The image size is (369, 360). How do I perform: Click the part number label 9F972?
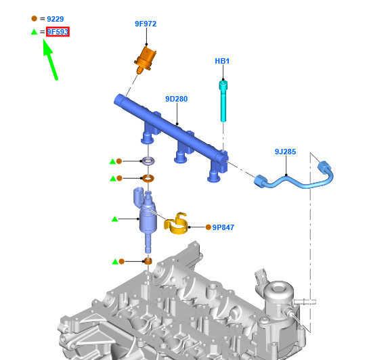(x=145, y=24)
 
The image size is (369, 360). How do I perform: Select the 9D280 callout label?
(x=176, y=99)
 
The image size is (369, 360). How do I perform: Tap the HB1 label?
(x=222, y=62)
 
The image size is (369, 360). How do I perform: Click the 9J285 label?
(x=285, y=152)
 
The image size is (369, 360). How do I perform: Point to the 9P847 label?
(x=223, y=227)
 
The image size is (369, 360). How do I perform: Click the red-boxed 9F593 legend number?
(x=58, y=32)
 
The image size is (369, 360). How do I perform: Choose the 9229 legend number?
(x=56, y=19)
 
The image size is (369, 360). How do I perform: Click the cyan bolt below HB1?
(x=223, y=101)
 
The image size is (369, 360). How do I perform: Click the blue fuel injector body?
(x=147, y=217)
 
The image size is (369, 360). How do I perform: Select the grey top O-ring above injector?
(x=147, y=162)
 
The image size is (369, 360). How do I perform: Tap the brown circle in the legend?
(x=34, y=19)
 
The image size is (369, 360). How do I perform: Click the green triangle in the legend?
(x=34, y=32)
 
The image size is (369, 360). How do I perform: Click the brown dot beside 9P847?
(x=208, y=227)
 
